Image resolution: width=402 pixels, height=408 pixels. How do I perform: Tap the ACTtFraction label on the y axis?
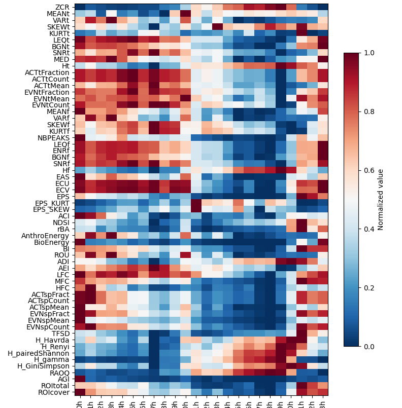pos(48,72)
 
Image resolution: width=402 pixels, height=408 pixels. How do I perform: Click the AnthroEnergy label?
pos(46,236)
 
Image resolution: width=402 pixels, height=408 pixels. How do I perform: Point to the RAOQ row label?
pos(60,372)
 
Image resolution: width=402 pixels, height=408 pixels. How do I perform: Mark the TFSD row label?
pos(61,333)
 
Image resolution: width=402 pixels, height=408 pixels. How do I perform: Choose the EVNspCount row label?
pos(49,327)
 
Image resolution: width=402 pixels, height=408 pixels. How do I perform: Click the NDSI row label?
pos(62,222)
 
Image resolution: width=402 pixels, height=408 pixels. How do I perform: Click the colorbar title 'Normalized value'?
pos(381,200)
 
